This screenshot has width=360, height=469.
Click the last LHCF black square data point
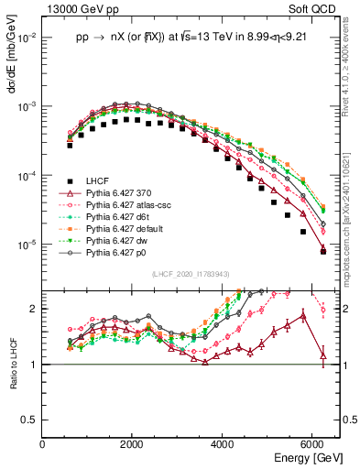click(x=322, y=251)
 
